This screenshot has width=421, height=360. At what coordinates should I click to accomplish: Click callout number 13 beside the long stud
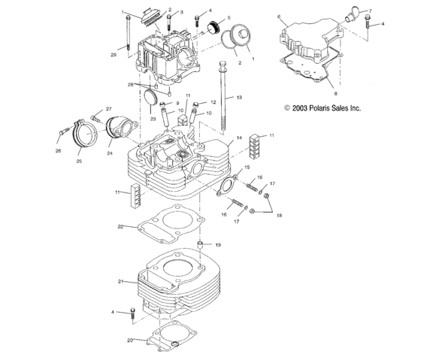click(x=239, y=98)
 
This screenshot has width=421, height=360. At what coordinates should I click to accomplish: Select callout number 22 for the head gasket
click(x=120, y=226)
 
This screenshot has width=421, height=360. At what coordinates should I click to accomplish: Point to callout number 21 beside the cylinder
click(x=120, y=281)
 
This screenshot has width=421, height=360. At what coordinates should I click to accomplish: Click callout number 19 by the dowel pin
click(x=218, y=245)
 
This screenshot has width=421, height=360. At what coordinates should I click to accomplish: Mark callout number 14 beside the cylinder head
click(x=238, y=138)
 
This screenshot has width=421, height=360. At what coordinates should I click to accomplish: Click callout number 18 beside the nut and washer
click(x=280, y=216)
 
